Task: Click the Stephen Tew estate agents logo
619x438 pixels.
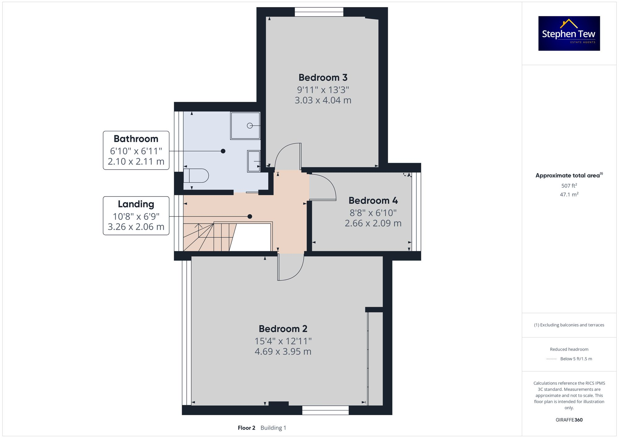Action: point(569,33)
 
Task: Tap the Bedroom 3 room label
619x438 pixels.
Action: point(323,77)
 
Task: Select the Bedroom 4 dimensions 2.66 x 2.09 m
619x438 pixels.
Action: point(373,223)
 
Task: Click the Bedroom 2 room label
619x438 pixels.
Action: point(283,329)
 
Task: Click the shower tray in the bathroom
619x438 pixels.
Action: point(245,126)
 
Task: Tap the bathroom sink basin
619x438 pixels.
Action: point(253,161)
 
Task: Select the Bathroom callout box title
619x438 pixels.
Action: point(136,139)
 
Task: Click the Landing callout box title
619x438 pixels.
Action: point(136,204)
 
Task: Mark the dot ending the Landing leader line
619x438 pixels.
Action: point(250,216)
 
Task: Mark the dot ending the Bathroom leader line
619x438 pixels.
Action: point(223,151)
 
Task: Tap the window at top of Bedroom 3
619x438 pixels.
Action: point(319,12)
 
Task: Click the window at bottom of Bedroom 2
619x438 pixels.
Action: point(325,410)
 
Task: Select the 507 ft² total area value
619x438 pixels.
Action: point(569,186)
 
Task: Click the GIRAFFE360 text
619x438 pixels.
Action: point(569,420)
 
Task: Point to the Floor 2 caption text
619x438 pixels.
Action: point(246,428)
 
